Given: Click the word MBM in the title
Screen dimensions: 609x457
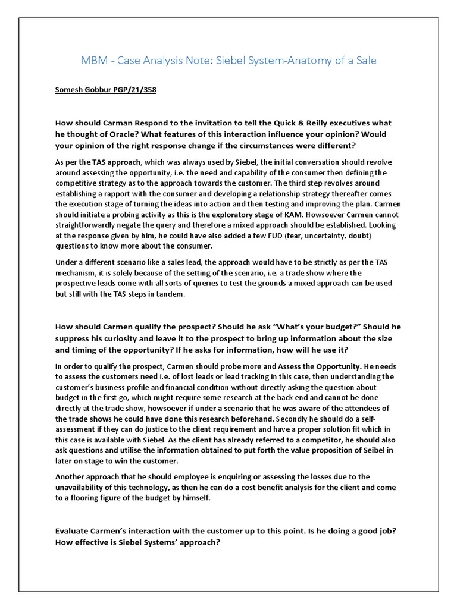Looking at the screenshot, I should point(92,61).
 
